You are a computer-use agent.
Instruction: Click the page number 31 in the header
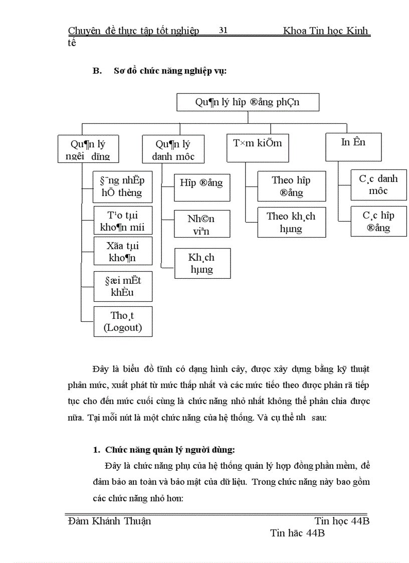tap(224, 31)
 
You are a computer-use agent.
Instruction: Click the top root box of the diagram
tap(248, 102)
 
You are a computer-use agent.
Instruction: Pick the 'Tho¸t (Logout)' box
tap(123, 321)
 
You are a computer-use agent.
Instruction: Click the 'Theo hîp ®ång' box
tap(291, 186)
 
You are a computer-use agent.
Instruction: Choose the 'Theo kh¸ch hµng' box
tap(291, 222)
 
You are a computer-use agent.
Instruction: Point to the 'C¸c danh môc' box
tap(378, 184)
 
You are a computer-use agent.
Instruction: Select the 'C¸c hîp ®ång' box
tap(378, 222)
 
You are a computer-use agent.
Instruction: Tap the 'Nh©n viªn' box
tap(202, 224)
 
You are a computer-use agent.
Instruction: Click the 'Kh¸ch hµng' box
tap(202, 263)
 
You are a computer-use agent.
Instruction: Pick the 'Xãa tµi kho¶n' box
tap(123, 251)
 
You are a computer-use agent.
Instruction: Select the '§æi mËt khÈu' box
tap(123, 286)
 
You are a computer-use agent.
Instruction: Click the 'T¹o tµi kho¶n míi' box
tap(123, 221)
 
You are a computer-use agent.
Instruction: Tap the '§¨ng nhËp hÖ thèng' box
tap(123, 186)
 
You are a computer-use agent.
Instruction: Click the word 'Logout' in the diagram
tap(123, 328)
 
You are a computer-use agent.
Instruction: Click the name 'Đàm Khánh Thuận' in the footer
tap(109, 521)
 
